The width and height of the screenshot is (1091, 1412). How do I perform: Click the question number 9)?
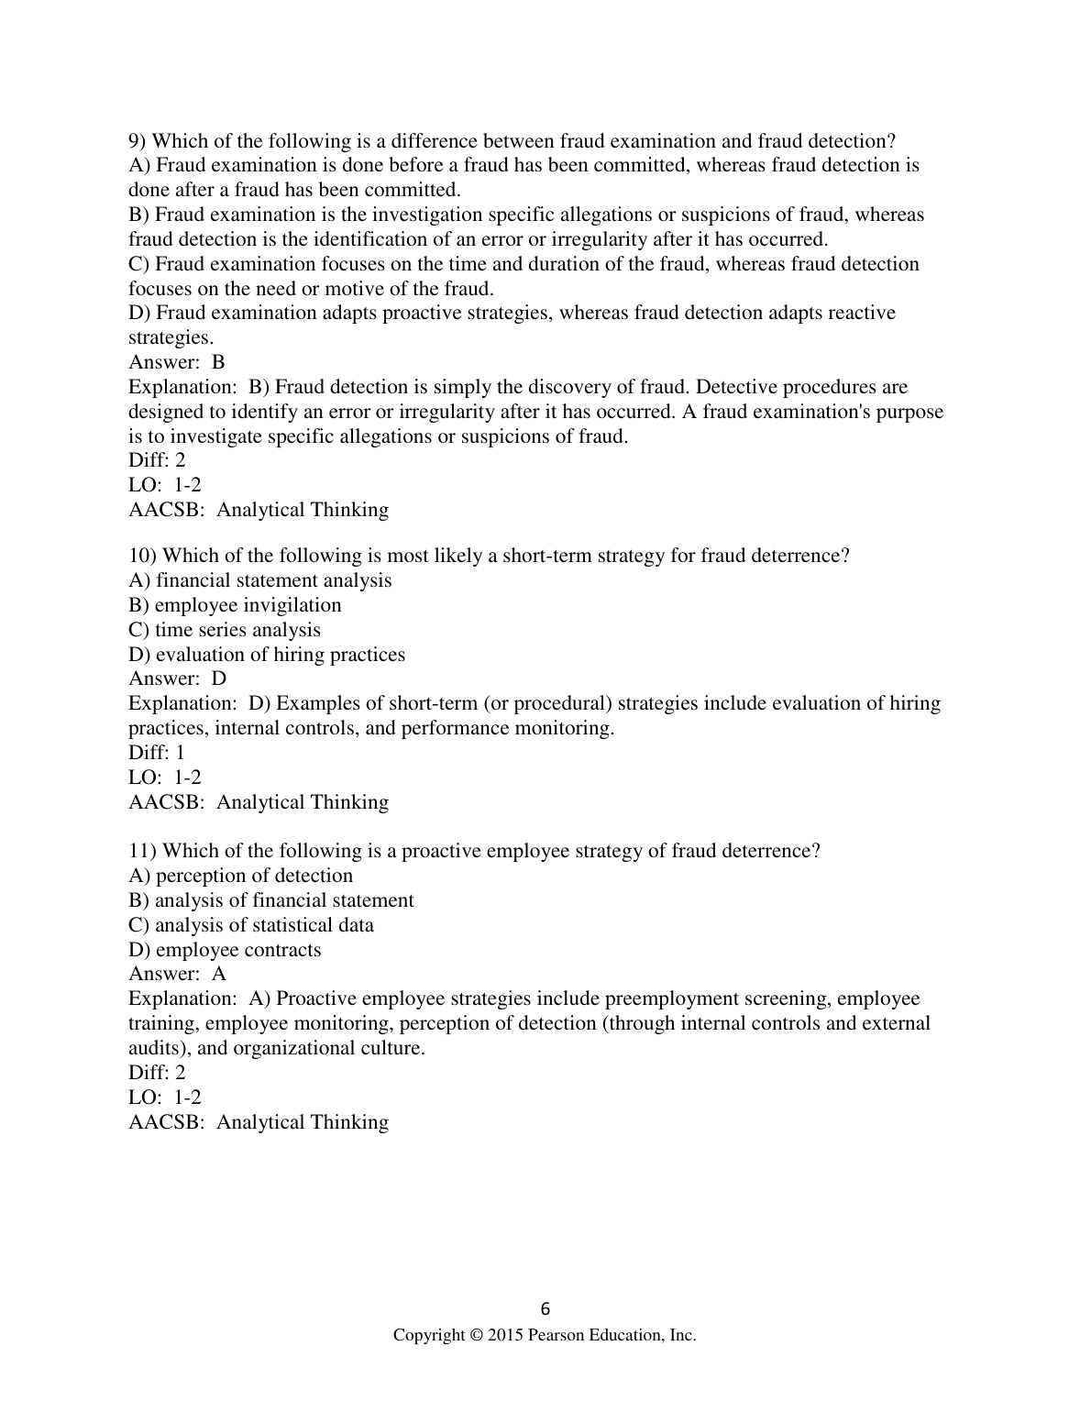138,141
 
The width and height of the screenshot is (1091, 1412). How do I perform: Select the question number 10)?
142,556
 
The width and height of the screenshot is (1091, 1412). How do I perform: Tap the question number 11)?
142,851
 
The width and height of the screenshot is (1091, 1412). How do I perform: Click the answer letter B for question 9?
218,362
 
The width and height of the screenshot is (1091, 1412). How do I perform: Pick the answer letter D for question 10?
219,678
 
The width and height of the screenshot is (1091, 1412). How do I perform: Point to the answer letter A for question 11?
219,974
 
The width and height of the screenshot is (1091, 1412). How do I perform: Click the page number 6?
545,1308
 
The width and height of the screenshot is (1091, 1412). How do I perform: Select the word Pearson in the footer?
560,1336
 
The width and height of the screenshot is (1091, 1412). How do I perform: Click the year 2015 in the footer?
504,1336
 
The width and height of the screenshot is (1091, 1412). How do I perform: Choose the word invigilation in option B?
292,605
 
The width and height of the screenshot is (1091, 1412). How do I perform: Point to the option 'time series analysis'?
237,630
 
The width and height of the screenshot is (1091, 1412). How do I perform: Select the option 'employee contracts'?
238,950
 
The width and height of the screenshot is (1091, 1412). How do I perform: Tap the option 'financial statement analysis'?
273,580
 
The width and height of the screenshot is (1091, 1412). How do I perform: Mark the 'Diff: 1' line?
157,753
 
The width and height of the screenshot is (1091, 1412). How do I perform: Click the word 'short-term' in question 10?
546,556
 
